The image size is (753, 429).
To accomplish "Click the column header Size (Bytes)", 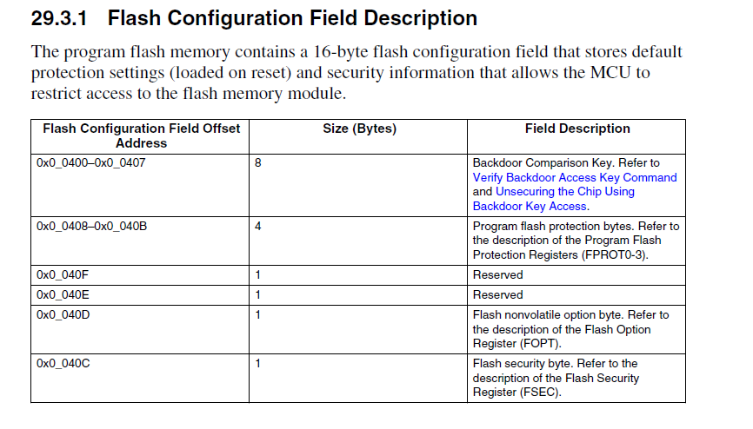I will pyautogui.click(x=359, y=129).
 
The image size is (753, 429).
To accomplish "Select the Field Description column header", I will pyautogui.click(x=577, y=129).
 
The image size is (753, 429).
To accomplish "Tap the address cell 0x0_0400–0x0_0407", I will pyautogui.click(x=91, y=162).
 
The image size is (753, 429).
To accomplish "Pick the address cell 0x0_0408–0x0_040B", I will pyautogui.click(x=91, y=226).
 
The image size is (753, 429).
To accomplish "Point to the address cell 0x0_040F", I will pyautogui.click(x=63, y=274).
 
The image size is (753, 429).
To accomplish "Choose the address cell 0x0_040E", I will pyautogui.click(x=63, y=294).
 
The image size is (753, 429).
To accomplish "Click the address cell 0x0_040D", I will pyautogui.click(x=63, y=314).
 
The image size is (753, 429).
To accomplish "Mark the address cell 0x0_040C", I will pyautogui.click(x=63, y=363).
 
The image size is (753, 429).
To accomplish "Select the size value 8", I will pyautogui.click(x=258, y=162).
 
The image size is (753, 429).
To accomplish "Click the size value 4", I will pyautogui.click(x=258, y=226).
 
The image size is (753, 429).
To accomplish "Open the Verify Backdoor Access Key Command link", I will pyautogui.click(x=574, y=177).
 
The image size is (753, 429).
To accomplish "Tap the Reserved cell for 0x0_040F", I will pyautogui.click(x=497, y=274).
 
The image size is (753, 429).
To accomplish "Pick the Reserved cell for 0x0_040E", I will pyautogui.click(x=497, y=294).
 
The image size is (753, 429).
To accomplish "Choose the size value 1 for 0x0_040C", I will pyautogui.click(x=258, y=363).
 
